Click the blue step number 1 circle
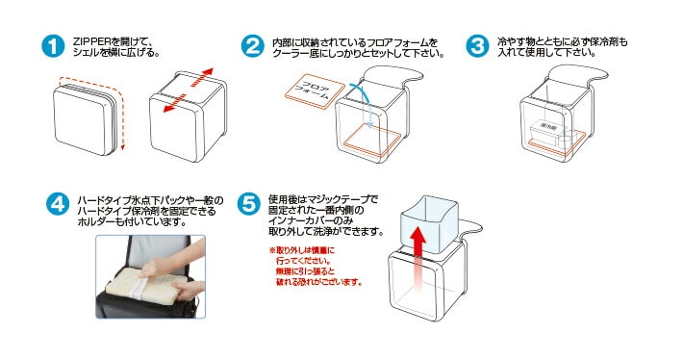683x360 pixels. [x=53, y=46]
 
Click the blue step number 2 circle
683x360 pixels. [x=251, y=46]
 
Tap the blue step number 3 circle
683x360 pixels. [x=476, y=46]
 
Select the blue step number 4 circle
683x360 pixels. [x=59, y=204]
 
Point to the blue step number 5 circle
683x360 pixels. [x=248, y=204]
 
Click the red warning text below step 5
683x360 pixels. [x=314, y=269]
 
